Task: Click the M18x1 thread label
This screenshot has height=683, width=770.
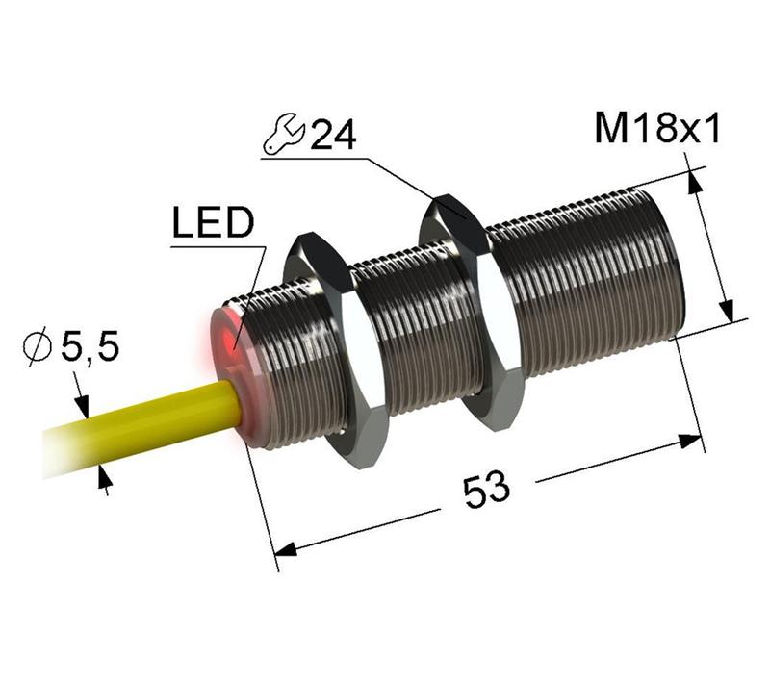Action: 657,128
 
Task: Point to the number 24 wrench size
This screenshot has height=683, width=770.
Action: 331,135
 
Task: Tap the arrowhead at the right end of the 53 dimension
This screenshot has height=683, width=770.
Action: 693,443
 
